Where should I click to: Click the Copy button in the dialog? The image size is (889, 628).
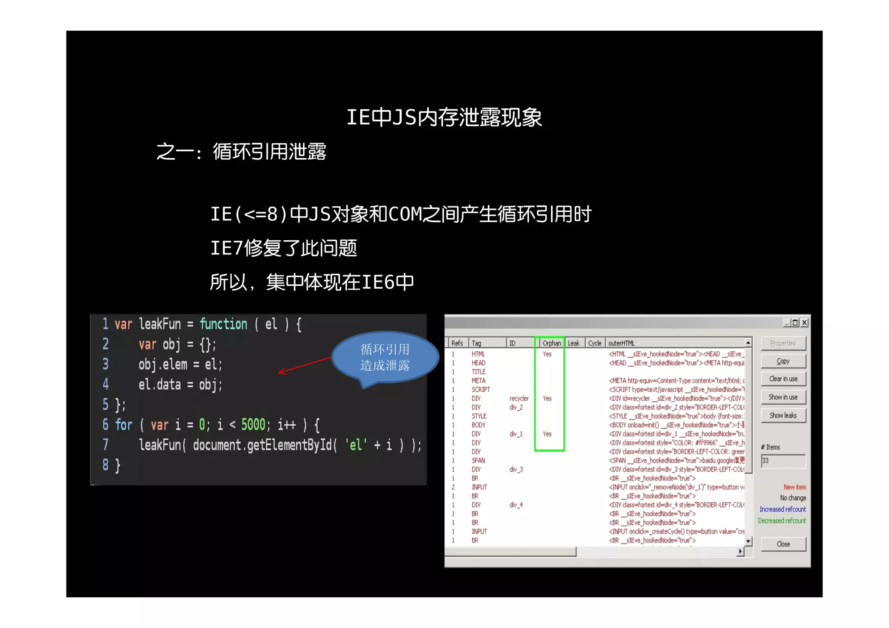coord(783,361)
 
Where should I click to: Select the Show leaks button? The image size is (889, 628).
coord(783,415)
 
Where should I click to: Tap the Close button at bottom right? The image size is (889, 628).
coord(783,544)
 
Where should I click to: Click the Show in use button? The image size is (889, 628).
coord(783,397)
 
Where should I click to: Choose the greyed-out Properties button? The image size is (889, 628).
coord(783,343)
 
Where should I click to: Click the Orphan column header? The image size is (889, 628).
coord(551,343)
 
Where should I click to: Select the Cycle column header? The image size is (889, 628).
coord(595,343)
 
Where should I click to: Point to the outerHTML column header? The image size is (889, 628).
coord(621,343)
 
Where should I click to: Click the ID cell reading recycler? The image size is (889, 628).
coord(519,399)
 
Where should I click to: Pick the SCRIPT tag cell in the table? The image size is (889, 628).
coord(481,389)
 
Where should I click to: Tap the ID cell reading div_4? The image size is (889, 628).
coord(516,505)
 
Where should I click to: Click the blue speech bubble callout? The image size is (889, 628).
coord(385,357)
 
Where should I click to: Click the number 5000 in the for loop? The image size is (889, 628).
coord(253,425)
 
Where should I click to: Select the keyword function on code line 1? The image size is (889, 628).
coord(223,324)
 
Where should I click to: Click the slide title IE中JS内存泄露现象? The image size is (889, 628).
coord(444,118)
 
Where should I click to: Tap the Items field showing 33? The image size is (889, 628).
coord(783,461)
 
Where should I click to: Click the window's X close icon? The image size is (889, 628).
coord(804,322)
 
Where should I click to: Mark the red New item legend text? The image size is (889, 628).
coord(794,487)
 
